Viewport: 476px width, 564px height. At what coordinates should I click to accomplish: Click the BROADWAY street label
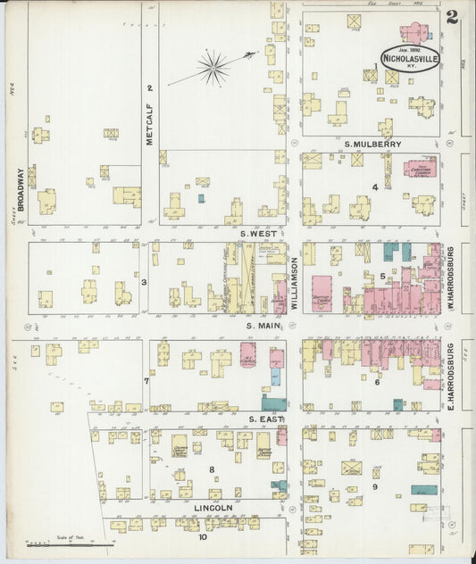[x=18, y=190]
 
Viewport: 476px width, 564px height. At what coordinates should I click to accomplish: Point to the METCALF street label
[x=150, y=124]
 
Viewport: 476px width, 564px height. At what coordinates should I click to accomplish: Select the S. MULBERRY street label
[x=372, y=143]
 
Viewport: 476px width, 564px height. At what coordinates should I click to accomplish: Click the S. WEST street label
[x=259, y=233]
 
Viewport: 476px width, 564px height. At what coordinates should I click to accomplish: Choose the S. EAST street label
[x=265, y=419]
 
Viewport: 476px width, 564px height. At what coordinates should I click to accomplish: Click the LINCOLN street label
[x=213, y=508]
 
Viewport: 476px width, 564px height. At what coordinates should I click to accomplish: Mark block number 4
[x=375, y=187]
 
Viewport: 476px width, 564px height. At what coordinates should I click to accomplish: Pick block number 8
[x=212, y=469]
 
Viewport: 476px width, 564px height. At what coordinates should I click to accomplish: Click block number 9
[x=375, y=486]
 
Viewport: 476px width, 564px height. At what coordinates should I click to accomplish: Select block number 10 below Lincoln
[x=203, y=537]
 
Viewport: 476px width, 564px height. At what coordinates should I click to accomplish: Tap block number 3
[x=143, y=282]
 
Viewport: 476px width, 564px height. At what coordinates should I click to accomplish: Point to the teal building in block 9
[x=424, y=490]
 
